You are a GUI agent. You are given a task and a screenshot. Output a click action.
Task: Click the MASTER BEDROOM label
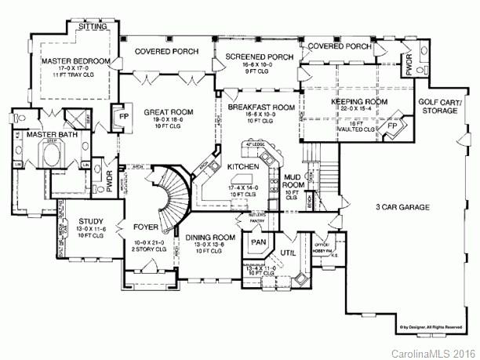click(68, 59)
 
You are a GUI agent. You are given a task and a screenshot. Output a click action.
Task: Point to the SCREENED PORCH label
click(259, 57)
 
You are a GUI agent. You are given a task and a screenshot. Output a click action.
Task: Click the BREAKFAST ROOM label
click(261, 107)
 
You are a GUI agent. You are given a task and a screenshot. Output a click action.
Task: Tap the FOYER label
click(147, 230)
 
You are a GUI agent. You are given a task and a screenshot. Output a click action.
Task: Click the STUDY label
click(92, 222)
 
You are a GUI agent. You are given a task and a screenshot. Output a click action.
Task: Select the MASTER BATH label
click(43, 135)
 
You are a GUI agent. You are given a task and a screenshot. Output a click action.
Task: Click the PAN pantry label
click(259, 242)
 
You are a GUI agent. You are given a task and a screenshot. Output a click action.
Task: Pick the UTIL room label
click(289, 252)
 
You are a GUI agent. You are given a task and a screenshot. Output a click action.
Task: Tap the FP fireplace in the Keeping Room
click(393, 125)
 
